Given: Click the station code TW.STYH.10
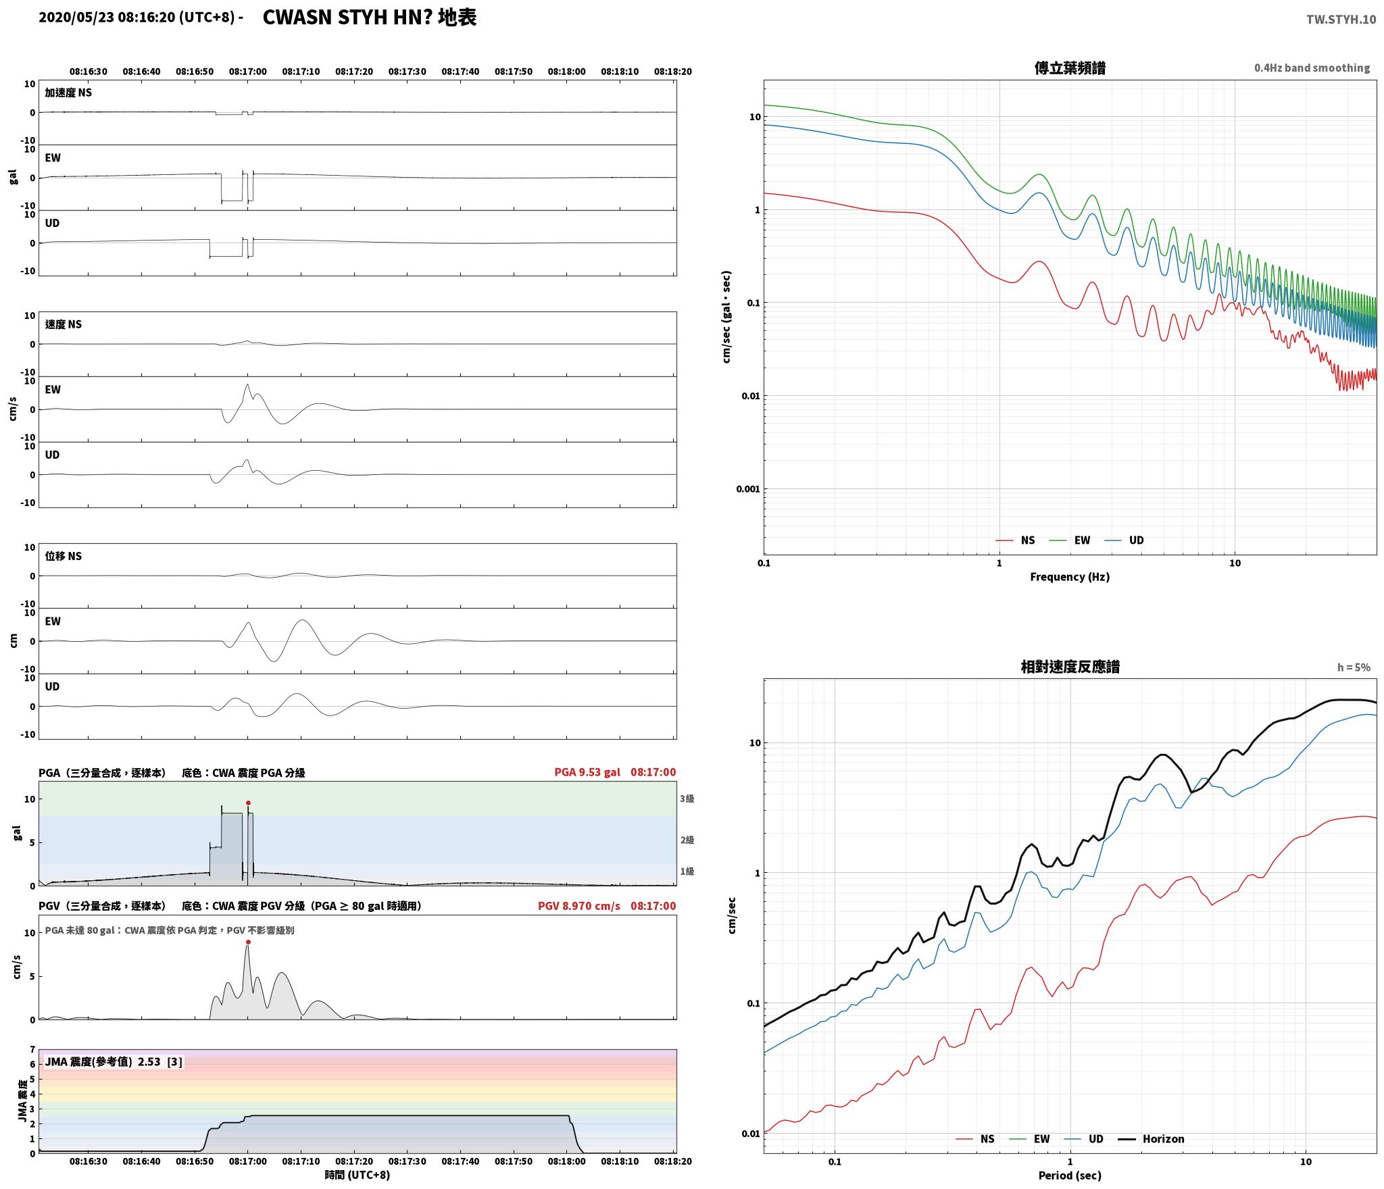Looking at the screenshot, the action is (1341, 20).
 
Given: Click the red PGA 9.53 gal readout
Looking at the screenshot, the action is (587, 772).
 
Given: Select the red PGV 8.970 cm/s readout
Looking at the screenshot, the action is (578, 906).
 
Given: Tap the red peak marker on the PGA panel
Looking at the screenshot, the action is (248, 803).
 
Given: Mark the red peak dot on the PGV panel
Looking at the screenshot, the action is (248, 942).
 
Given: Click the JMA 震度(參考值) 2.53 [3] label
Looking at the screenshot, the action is (114, 1062).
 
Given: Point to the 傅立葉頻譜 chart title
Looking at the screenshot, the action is (1070, 68).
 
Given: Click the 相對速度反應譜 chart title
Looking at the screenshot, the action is (1070, 667).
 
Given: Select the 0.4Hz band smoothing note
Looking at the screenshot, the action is (1312, 68).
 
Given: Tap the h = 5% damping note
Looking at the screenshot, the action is (1354, 667).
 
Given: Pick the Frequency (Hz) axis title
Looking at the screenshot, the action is (1070, 577).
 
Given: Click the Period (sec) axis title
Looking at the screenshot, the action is (1070, 1176).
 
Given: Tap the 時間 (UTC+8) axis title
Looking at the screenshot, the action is (357, 1175).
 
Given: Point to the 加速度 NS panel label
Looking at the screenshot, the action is (68, 93).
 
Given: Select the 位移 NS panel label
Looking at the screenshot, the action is (64, 556).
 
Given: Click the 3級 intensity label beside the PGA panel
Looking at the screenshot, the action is (687, 799).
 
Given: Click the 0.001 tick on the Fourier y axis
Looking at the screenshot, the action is (747, 489).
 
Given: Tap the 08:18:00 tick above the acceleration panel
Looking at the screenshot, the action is (566, 72).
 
